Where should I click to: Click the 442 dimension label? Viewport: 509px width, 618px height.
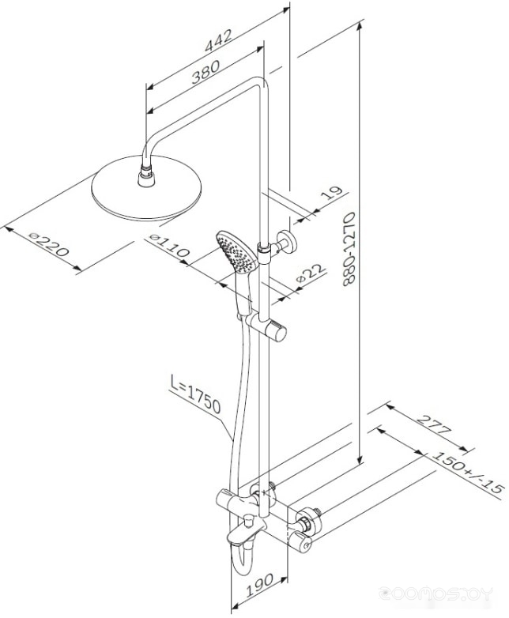coord(218,40)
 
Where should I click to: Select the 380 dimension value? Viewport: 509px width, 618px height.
coord(205,72)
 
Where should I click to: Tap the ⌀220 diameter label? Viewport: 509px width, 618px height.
coord(49,244)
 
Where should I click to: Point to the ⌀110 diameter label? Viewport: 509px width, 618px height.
coord(170,245)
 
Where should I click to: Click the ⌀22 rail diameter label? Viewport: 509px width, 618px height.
coord(311,273)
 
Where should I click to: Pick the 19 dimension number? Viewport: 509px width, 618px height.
coord(334,193)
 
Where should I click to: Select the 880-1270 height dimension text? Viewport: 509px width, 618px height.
coord(349,249)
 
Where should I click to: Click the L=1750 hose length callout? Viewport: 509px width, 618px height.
coord(195,394)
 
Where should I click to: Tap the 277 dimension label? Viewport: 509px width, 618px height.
coord(433,424)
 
